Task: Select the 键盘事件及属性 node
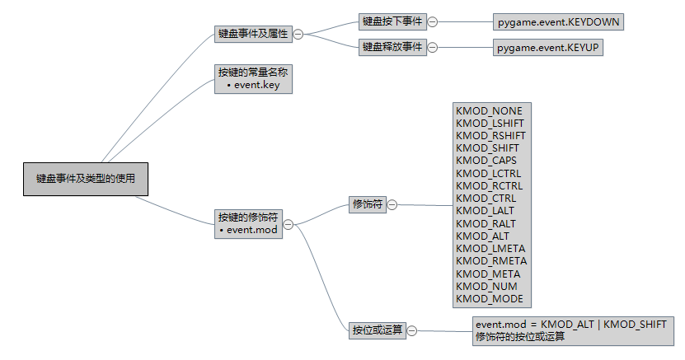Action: pos(253,34)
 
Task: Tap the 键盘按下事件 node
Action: pos(392,21)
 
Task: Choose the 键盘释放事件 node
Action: pos(392,47)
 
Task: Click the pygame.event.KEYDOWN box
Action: pos(559,22)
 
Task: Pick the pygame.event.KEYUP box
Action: pos(547,48)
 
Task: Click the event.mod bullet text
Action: pos(252,231)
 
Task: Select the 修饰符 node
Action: pos(367,205)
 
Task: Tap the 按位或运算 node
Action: pos(377,330)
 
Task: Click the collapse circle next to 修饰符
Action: pos(392,205)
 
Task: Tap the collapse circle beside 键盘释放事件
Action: pos(433,48)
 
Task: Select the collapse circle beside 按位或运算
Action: pos(411,330)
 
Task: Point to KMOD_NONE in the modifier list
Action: pos(489,110)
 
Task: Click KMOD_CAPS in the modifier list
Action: pos(487,161)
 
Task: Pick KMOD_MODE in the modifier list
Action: pos(489,298)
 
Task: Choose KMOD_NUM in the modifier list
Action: pos(486,286)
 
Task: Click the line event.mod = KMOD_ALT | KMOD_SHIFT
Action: pos(570,324)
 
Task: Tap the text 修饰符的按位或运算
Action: pos(520,336)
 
